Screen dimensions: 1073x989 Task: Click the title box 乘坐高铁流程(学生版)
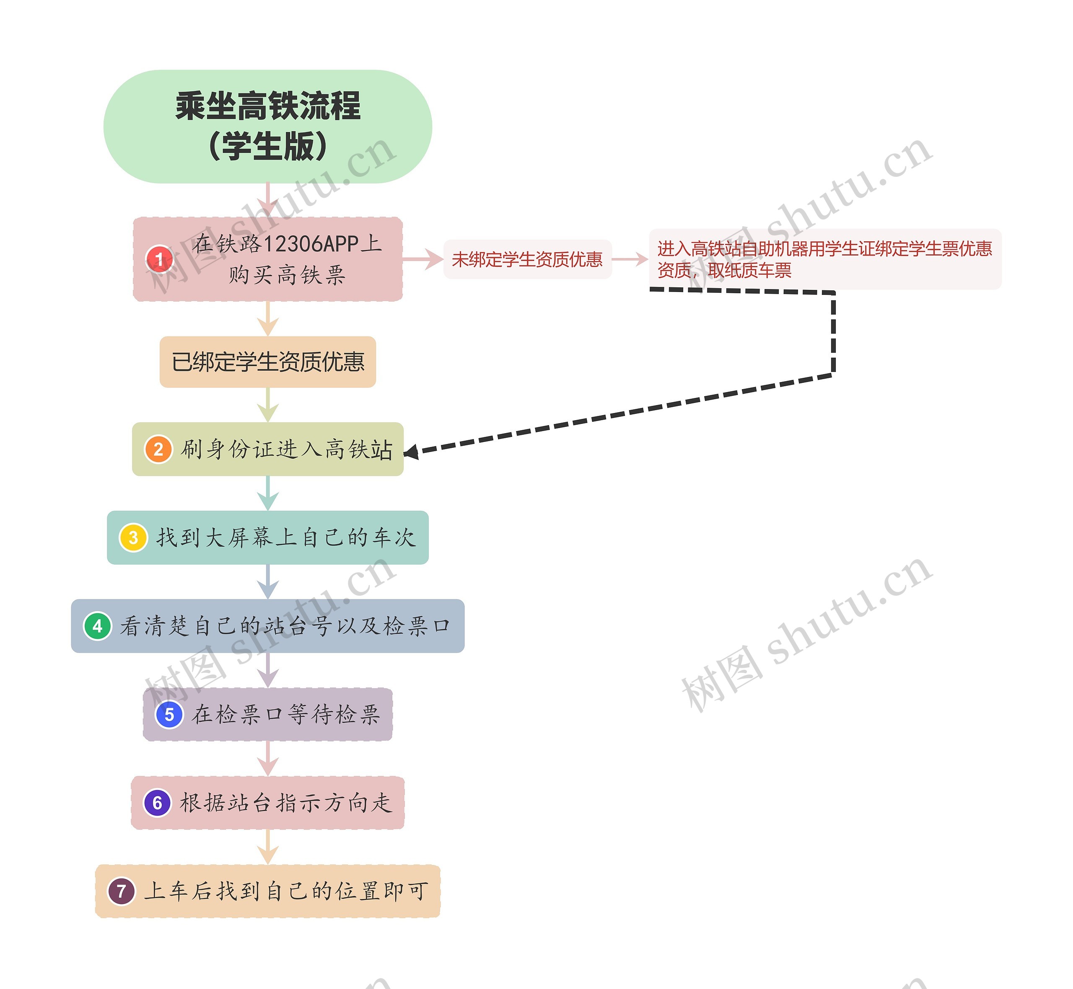coord(268,127)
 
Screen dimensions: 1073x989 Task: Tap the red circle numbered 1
coord(159,260)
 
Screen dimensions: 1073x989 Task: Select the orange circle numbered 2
coord(158,449)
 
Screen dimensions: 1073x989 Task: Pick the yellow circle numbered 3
coord(133,537)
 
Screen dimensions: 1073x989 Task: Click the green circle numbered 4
coord(97,626)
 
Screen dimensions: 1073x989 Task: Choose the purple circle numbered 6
coord(158,802)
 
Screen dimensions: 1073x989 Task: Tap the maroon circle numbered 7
coord(122,891)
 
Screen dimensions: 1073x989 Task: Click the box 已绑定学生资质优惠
coord(268,362)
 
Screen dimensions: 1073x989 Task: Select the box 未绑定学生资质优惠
coord(527,260)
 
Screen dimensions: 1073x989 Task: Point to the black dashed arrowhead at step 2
coord(411,452)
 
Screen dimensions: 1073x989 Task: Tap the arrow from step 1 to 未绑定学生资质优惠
coord(423,260)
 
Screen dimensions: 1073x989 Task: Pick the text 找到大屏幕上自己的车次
coord(286,537)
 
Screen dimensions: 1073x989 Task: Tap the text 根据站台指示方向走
coord(286,802)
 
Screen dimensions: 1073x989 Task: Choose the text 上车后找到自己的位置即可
coord(286,891)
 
